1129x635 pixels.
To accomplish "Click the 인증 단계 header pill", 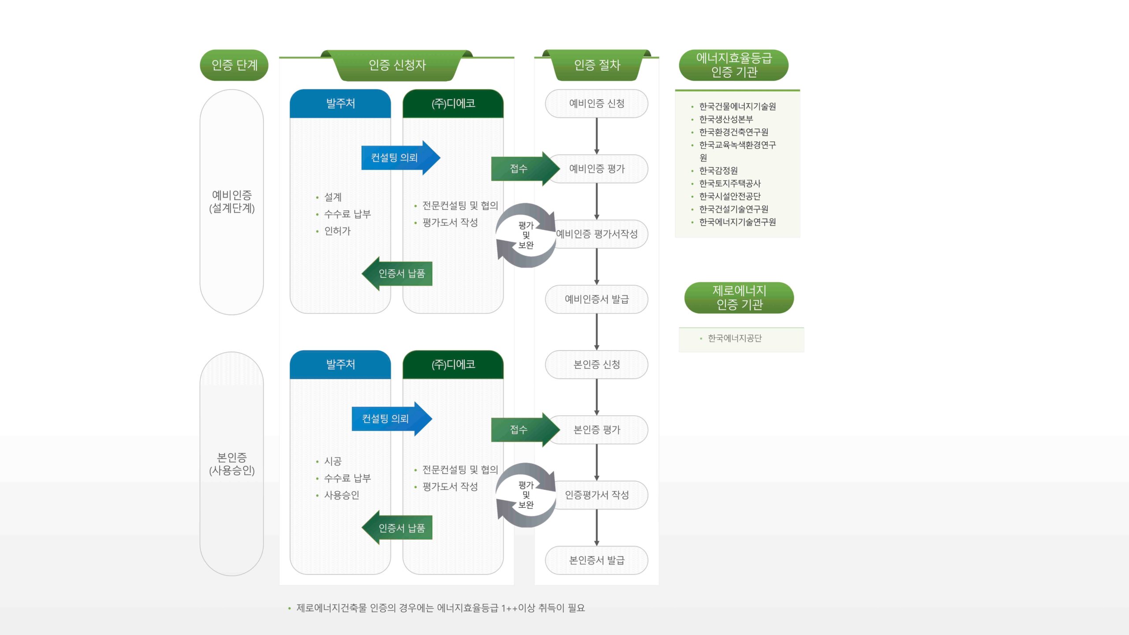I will coord(234,65).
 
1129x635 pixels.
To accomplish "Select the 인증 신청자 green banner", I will coord(397,65).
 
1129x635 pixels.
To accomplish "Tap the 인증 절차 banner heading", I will coord(597,65).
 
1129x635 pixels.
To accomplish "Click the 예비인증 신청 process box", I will coord(597,104).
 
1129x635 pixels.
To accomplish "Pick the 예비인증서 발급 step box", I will coord(597,299).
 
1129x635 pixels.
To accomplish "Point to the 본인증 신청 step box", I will coord(597,365).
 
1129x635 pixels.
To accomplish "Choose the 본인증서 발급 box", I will coord(597,560).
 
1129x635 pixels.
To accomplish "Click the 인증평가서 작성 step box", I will coord(597,495).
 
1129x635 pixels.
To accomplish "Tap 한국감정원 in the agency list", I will coord(718,171).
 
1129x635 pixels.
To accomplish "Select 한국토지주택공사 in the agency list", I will coord(730,183).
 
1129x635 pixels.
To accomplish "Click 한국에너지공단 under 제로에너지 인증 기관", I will coord(735,338).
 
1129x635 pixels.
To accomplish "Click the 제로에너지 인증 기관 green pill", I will coord(739,298).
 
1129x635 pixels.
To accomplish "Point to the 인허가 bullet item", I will coord(337,231).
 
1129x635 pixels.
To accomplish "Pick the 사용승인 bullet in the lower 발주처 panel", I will coord(341,495).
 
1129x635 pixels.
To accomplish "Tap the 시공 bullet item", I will coord(333,461).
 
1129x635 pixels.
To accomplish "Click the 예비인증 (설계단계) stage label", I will coord(232,202).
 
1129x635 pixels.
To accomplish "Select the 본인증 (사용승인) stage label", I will coord(232,464).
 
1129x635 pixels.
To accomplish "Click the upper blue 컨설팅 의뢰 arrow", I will coord(397,158).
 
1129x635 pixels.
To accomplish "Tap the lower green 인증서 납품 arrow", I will coord(399,528).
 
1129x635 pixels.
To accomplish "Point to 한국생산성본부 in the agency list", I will coord(726,120).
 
